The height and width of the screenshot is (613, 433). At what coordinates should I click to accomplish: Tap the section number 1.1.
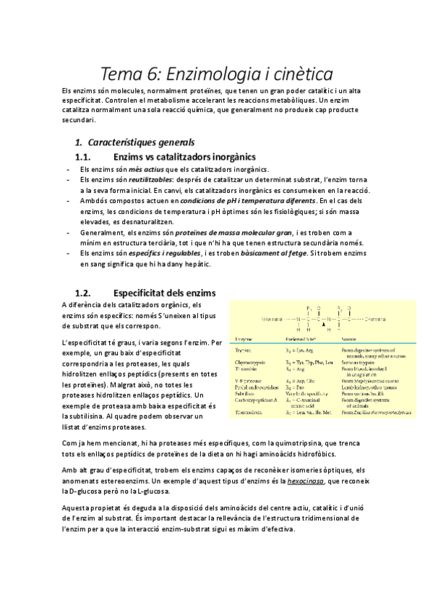click(x=86, y=156)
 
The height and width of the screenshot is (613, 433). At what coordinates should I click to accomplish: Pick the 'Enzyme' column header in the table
click(x=240, y=338)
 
